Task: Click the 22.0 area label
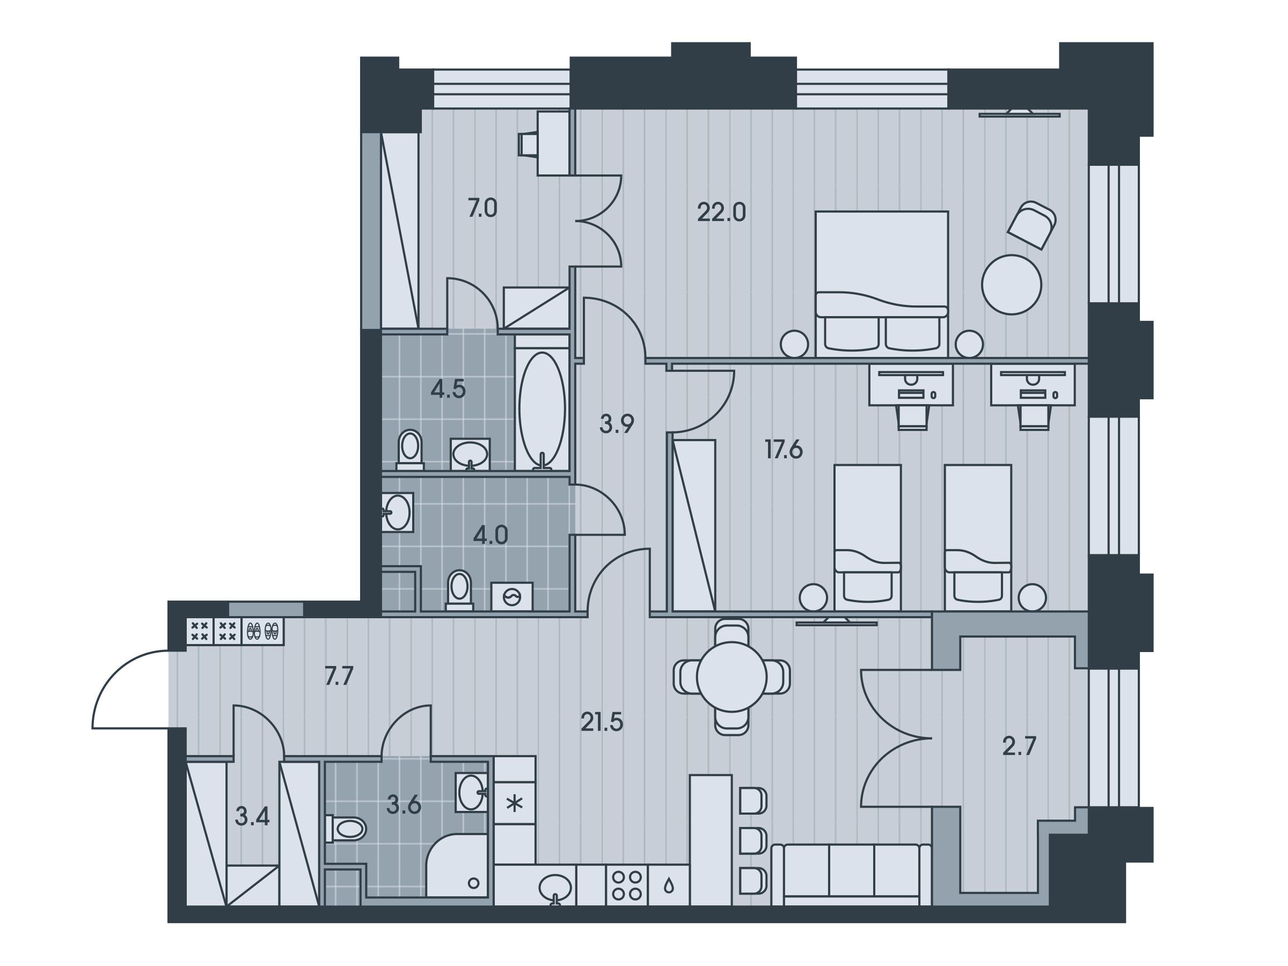pyautogui.click(x=721, y=213)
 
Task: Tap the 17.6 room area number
pyautogui.click(x=784, y=450)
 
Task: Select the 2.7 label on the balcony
pyautogui.click(x=1019, y=747)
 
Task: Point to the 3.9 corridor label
pyautogui.click(x=617, y=425)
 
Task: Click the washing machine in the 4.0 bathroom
pyautogui.click(x=513, y=597)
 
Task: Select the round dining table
pyautogui.click(x=731, y=677)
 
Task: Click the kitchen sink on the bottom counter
pyautogui.click(x=555, y=888)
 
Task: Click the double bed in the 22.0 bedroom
pyautogui.click(x=882, y=283)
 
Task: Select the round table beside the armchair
pyautogui.click(x=1012, y=285)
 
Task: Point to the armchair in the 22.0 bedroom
pyautogui.click(x=1033, y=225)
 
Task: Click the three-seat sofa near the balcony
pyautogui.click(x=851, y=875)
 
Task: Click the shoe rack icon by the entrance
pyautogui.click(x=263, y=631)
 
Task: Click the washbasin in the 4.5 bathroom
pyautogui.click(x=471, y=453)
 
